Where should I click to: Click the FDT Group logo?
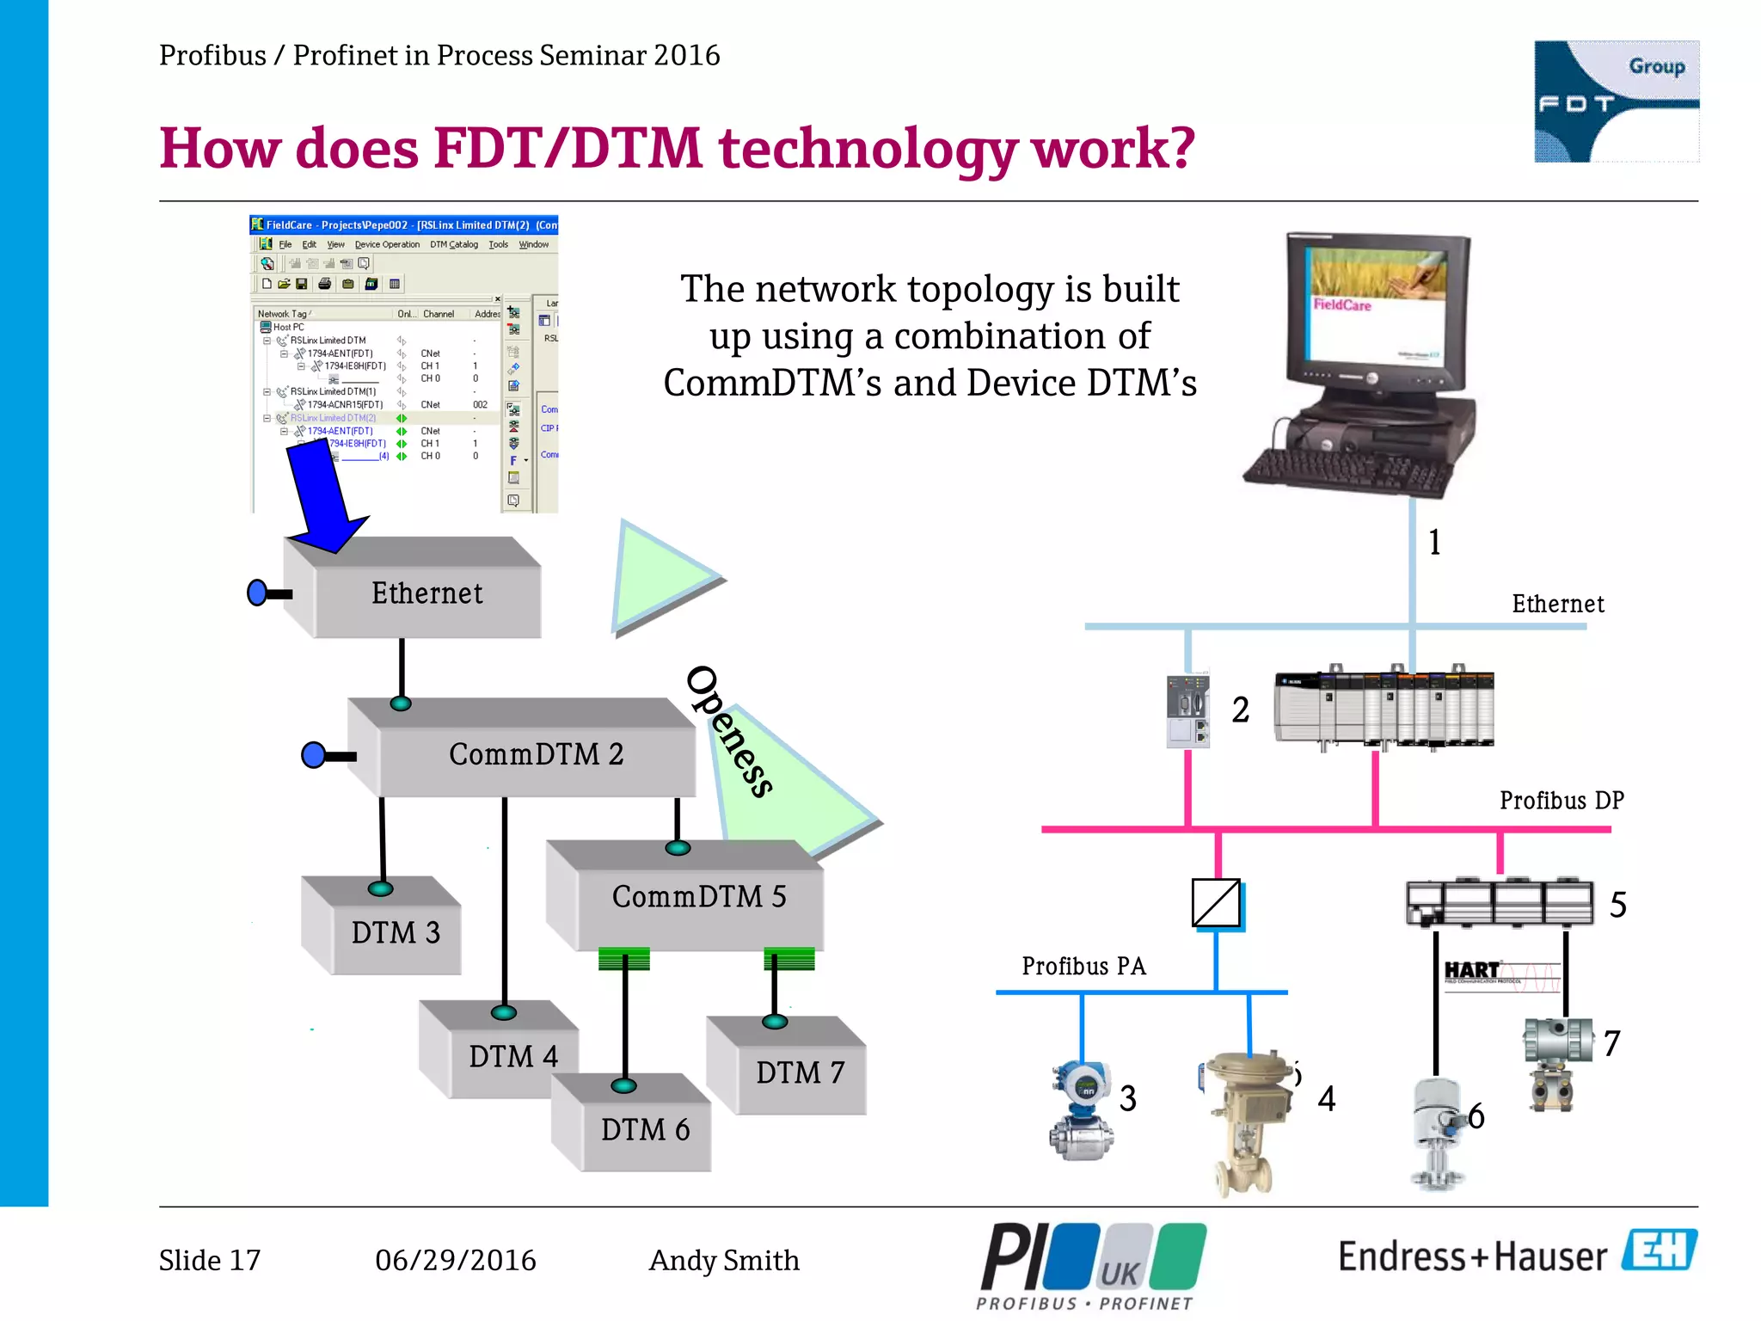(1616, 101)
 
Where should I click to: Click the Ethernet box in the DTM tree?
(426, 593)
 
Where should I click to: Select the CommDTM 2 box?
(536, 754)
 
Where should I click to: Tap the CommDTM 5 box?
(698, 897)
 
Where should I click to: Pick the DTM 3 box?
(395, 933)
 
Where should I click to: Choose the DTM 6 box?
(645, 1129)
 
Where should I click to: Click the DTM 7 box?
(800, 1072)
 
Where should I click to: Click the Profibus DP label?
(1561, 801)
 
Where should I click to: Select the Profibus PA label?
(1083, 967)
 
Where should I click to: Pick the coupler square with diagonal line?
(1216, 903)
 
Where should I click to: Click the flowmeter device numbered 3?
(1081, 1109)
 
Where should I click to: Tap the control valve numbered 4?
(1247, 1118)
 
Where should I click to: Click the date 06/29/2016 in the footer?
(455, 1261)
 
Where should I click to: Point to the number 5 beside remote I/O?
(1617, 905)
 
